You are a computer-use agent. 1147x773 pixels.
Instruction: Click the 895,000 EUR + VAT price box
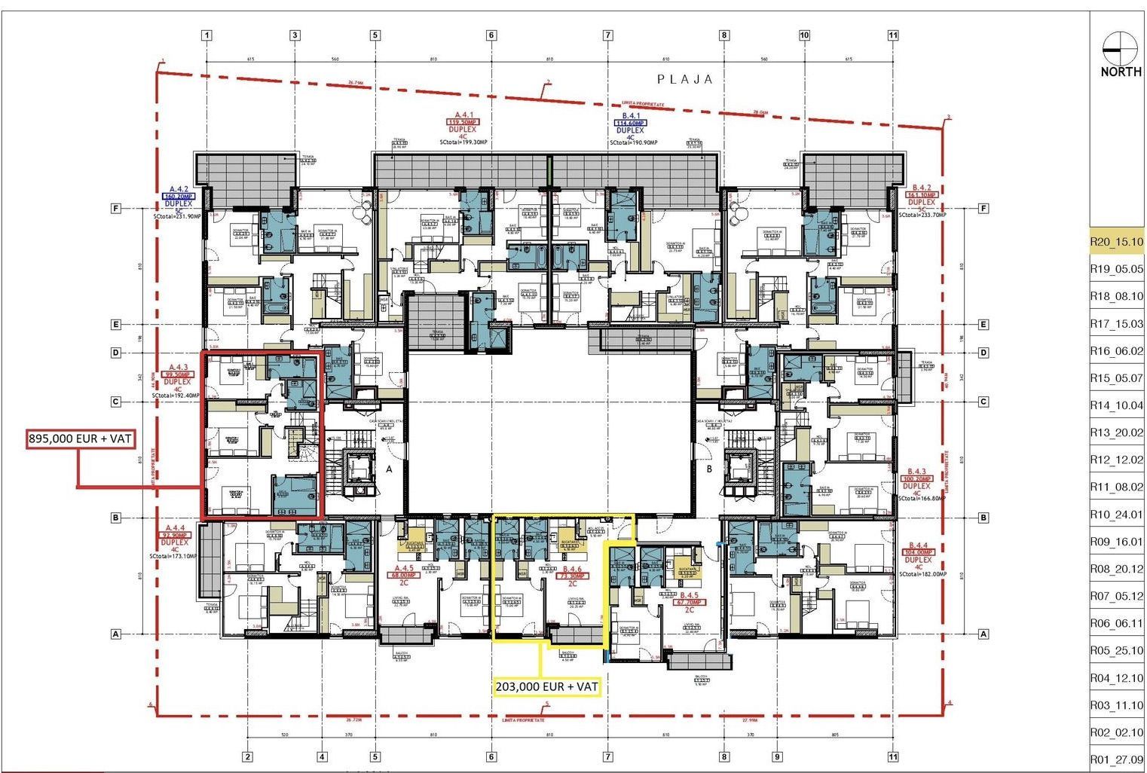pyautogui.click(x=81, y=438)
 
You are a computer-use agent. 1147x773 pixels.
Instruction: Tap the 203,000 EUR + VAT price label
pyautogui.click(x=547, y=686)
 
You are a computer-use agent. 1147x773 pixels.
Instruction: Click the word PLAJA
pyautogui.click(x=684, y=79)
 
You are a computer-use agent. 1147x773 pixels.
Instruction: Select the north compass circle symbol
pyautogui.click(x=1119, y=48)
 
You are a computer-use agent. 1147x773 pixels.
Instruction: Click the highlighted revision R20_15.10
pyautogui.click(x=1116, y=242)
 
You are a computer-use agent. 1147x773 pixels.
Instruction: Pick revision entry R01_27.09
pyautogui.click(x=1116, y=759)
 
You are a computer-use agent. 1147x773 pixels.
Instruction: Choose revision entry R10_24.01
pyautogui.click(x=1116, y=515)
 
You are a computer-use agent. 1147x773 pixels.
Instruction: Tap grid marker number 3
pyautogui.click(x=295, y=35)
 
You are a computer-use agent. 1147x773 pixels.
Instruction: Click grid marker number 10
pyautogui.click(x=804, y=35)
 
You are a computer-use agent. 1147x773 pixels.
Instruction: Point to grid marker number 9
pyautogui.click(x=776, y=757)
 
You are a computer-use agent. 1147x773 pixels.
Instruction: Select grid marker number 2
pyautogui.click(x=246, y=757)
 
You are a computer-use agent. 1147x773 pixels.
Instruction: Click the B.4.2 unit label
pyautogui.click(x=922, y=187)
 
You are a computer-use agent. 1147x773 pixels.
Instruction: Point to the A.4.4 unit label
pyautogui.click(x=175, y=527)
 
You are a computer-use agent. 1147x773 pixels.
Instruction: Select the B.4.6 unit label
pyautogui.click(x=572, y=569)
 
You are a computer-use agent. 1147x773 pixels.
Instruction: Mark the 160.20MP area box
pyautogui.click(x=178, y=196)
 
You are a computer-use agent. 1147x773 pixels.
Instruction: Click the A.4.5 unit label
pyautogui.click(x=404, y=568)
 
